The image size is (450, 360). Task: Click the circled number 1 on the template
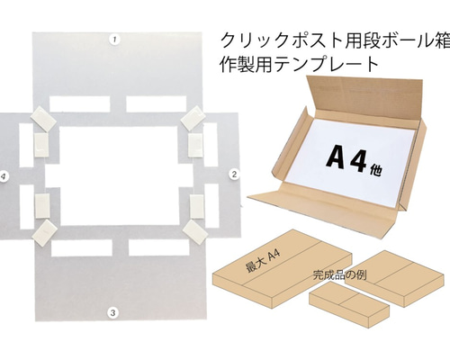tap(115, 40)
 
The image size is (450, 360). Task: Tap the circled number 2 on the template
tap(234, 174)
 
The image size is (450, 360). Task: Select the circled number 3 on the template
tap(112, 313)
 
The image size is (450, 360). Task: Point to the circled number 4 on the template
tap(3, 176)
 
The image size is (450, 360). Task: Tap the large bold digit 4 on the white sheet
tap(359, 163)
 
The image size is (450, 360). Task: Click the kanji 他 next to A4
tap(376, 170)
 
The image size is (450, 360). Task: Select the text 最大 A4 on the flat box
tap(263, 262)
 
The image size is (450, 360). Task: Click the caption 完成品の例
tap(339, 274)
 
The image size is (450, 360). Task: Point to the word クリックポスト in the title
tap(294, 40)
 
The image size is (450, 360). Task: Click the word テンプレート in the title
tap(327, 64)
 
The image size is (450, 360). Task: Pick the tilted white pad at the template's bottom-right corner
tap(194, 233)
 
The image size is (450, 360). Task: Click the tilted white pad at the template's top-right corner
tap(193, 118)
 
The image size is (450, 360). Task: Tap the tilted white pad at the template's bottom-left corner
tap(44, 233)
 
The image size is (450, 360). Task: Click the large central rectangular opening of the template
tap(120, 175)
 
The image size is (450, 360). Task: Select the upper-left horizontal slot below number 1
tap(79, 103)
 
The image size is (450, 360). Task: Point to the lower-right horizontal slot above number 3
tap(159, 247)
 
